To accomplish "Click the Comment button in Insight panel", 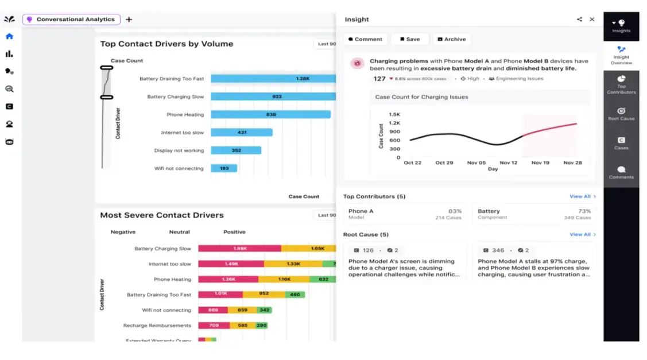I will pyautogui.click(x=365, y=39).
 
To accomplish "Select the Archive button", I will pyautogui.click(x=451, y=39).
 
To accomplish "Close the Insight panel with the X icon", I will pyautogui.click(x=592, y=19).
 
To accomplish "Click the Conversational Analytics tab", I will pyautogui.click(x=71, y=20).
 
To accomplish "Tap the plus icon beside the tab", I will pyautogui.click(x=129, y=20).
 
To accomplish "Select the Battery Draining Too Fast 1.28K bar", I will pyautogui.click(x=273, y=79).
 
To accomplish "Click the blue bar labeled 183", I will pyautogui.click(x=224, y=168).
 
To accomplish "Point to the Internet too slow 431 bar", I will pyautogui.click(x=242, y=133).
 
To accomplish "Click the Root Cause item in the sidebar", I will pyautogui.click(x=621, y=114).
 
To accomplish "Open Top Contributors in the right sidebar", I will pyautogui.click(x=621, y=84).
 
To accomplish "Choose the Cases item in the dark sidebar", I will pyautogui.click(x=621, y=143).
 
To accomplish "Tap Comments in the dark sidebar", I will pyautogui.click(x=621, y=172).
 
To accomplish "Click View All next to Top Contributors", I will pyautogui.click(x=582, y=196).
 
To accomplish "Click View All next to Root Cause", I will pyautogui.click(x=582, y=234).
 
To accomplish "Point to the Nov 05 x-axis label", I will pyautogui.click(x=476, y=162).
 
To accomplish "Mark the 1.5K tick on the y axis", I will pyautogui.click(x=394, y=114).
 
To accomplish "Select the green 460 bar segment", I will pyautogui.click(x=295, y=295).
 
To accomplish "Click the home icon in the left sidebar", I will pyautogui.click(x=9, y=36).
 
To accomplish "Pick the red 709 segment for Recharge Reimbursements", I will pyautogui.click(x=214, y=326).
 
